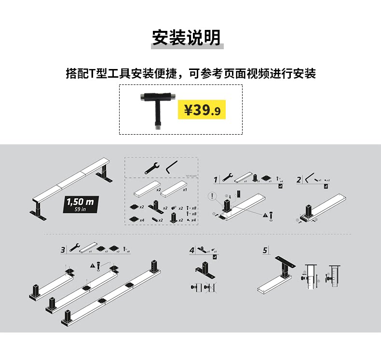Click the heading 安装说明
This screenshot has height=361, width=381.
[186, 37]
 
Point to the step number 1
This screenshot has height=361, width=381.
[216, 180]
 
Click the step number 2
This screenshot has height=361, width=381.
[299, 180]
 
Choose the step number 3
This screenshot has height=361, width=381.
[63, 250]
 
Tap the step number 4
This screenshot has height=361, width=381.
[192, 250]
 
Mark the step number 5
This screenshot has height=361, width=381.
[265, 250]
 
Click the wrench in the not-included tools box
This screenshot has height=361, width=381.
[151, 167]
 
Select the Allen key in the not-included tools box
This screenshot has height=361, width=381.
[171, 167]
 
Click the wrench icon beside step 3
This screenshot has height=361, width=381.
[75, 248]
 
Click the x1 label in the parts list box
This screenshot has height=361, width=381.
[184, 190]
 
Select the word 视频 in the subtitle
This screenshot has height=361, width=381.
[257, 74]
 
